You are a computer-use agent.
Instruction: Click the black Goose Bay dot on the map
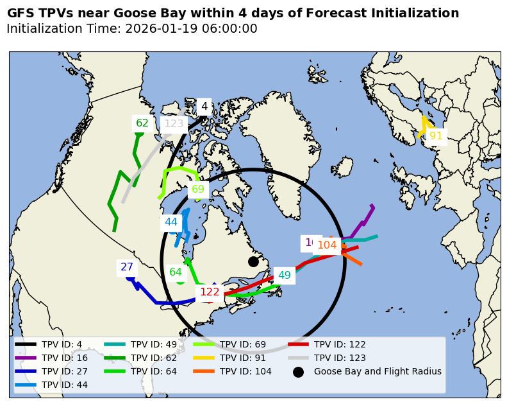point(253,261)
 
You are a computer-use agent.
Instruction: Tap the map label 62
point(142,123)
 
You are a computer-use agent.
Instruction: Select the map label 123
point(174,124)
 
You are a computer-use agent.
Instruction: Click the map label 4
point(204,107)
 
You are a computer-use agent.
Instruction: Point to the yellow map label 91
point(436,136)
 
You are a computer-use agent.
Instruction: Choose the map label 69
point(198,189)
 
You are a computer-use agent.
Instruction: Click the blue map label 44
point(171,222)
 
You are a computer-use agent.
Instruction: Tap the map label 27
point(127,267)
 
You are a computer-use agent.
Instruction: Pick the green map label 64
point(176,272)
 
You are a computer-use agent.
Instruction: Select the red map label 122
point(210,292)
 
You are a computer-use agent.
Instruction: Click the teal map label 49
point(285,276)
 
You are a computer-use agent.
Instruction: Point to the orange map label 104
point(327,245)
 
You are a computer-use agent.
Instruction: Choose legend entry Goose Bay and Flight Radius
point(377,371)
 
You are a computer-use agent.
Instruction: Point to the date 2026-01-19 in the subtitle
point(156,29)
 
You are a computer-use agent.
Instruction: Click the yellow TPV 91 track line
point(424,125)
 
